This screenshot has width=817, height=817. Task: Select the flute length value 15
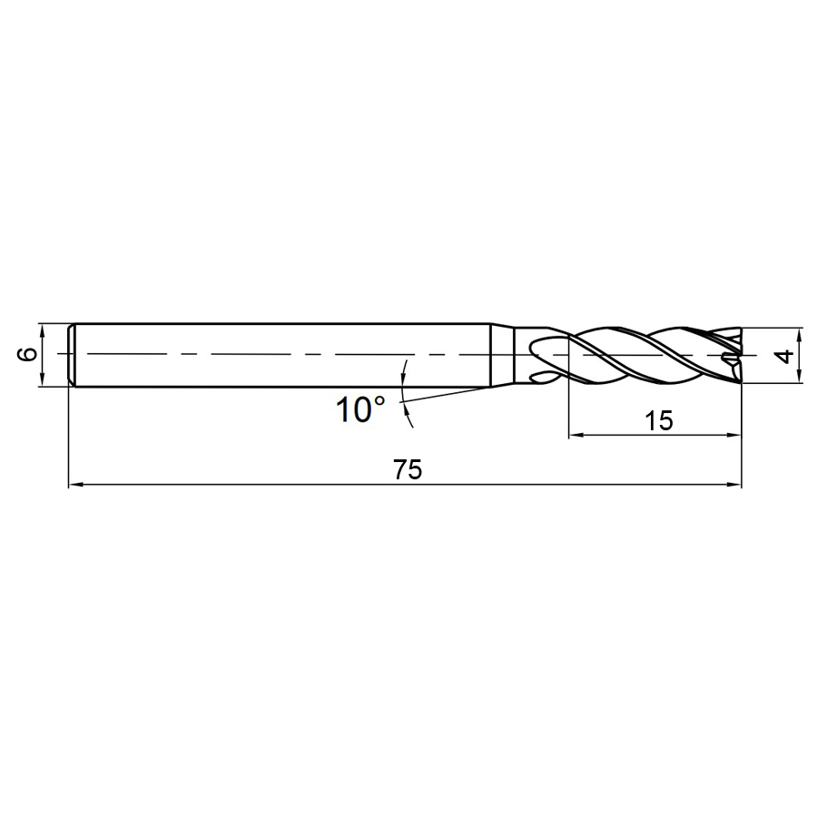coord(659,420)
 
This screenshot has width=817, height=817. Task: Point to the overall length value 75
coord(408,470)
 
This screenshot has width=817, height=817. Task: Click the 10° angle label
coord(360,409)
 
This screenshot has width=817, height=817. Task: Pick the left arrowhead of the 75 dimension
coord(76,485)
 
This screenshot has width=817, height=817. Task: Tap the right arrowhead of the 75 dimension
coord(733,485)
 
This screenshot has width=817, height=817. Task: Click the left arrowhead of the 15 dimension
coord(576,435)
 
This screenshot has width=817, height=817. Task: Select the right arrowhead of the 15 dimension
coord(733,435)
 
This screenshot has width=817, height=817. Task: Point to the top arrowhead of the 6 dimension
coord(41,330)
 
